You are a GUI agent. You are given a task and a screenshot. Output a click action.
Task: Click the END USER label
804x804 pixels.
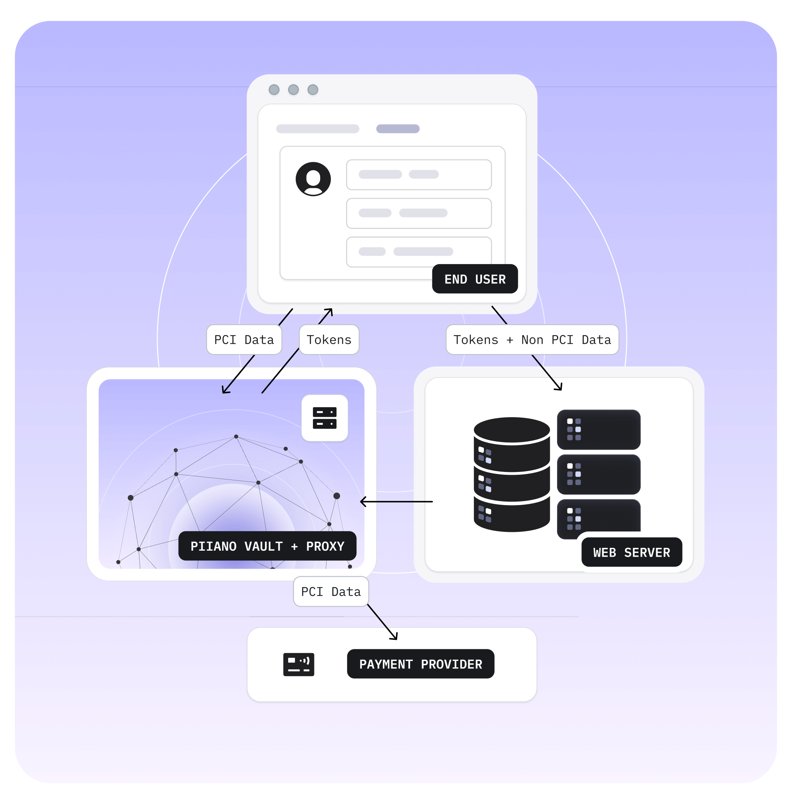[x=475, y=279]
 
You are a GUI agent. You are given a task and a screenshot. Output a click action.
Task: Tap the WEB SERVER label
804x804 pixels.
[x=631, y=552]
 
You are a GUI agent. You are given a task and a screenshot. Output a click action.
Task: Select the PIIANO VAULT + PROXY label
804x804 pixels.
[x=267, y=546]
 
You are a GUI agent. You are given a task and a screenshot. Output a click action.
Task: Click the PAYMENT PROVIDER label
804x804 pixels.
[x=420, y=664]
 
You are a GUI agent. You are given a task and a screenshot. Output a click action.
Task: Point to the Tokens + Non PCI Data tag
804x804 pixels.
[x=532, y=340]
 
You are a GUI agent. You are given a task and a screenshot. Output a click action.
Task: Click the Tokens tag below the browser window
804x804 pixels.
[x=329, y=340]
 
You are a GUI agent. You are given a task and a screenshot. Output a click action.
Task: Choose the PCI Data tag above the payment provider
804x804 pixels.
[x=331, y=591]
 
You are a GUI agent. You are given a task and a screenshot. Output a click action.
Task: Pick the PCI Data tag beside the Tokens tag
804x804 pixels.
[x=244, y=340]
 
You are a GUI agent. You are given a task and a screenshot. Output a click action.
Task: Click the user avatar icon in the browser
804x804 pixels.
[x=313, y=179]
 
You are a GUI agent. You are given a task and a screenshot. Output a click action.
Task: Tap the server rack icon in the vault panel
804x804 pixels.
[x=324, y=418]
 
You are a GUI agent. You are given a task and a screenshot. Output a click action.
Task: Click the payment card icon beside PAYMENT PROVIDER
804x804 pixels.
[x=299, y=664]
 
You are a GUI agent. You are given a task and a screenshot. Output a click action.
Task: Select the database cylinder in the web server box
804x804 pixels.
[x=511, y=474]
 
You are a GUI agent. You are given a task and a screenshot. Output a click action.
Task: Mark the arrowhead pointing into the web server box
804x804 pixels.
[x=559, y=388]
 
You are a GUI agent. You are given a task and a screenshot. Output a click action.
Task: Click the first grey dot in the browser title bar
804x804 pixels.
[x=274, y=90]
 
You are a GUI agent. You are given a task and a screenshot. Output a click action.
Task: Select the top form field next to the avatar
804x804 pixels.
[x=419, y=174]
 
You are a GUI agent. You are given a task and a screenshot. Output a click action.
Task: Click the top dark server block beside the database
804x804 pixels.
[x=599, y=430]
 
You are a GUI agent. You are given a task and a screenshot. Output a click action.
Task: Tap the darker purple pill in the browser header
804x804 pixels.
[x=398, y=129]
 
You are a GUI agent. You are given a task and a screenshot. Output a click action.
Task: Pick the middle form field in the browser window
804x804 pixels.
[x=419, y=213]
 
